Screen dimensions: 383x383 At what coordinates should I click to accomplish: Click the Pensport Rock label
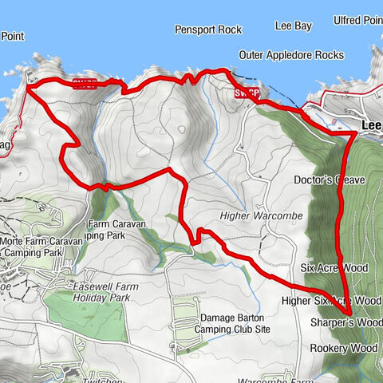tap(207, 30)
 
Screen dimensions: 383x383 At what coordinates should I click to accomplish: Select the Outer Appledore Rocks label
tap(290, 55)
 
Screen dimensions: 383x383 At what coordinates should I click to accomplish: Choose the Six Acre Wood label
tap(334, 268)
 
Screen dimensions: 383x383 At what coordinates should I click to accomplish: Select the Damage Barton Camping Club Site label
tap(235, 322)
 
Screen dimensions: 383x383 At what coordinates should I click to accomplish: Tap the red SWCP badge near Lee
tap(247, 93)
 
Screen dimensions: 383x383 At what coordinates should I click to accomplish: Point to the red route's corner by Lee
tap(354, 135)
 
